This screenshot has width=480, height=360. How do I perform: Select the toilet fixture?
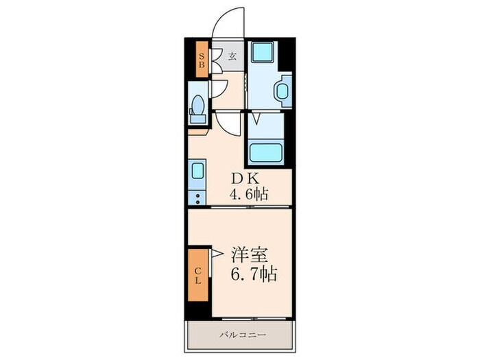click(x=198, y=108)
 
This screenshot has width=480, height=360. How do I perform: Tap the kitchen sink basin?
click(x=197, y=171)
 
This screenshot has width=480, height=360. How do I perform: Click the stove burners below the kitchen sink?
click(x=197, y=197)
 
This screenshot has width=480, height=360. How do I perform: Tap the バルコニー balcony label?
click(x=243, y=335)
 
